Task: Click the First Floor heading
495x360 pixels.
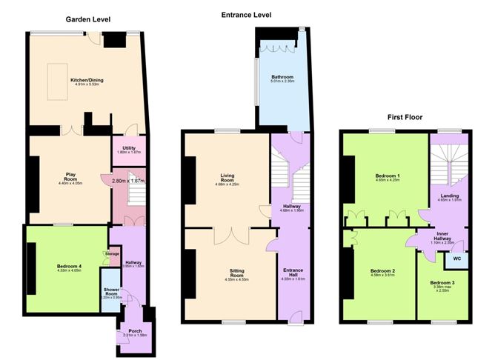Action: click(x=405, y=117)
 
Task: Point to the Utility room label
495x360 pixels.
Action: click(x=130, y=148)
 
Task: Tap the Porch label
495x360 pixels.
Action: click(x=135, y=331)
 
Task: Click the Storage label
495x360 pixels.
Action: click(x=112, y=254)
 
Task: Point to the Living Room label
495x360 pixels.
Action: click(x=227, y=176)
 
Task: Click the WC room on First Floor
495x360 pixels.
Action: click(x=454, y=259)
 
